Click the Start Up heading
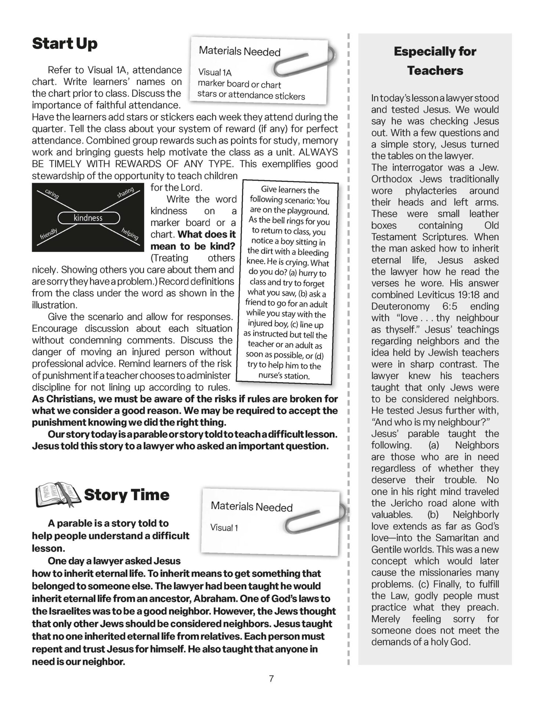tap(65, 43)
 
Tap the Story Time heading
tap(126, 495)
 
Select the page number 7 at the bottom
tap(271, 679)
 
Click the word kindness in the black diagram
tap(88, 218)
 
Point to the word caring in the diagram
tap(52, 194)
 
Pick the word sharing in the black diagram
tap(126, 193)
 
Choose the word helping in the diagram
tap(130, 234)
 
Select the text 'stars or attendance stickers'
tap(251, 95)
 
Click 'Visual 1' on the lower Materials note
tap(224, 528)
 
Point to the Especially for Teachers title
tap(435, 61)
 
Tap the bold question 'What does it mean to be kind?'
tap(193, 240)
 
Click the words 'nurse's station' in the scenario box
tap(284, 376)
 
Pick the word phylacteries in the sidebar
tap(431, 191)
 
